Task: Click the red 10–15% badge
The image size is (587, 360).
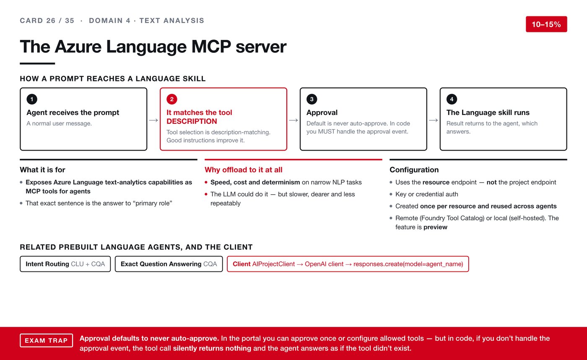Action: click(546, 24)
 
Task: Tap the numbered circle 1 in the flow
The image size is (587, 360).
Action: click(32, 99)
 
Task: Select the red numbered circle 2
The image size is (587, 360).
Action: click(171, 99)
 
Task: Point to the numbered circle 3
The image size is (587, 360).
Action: click(312, 99)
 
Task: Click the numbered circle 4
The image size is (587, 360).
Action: click(452, 99)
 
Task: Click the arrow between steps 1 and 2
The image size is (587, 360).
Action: click(153, 120)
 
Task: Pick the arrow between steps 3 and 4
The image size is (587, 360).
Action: click(434, 120)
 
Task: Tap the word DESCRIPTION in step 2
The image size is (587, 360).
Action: click(192, 121)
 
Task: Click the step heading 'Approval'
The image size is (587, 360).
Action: click(322, 112)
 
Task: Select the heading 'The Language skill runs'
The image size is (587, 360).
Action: click(488, 112)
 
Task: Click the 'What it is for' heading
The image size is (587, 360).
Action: click(42, 170)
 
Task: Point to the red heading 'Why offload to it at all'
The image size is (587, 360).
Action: click(244, 170)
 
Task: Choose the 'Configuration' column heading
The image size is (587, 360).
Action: click(414, 170)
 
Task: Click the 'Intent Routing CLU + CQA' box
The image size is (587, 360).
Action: click(65, 264)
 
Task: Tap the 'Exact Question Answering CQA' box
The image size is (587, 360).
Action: click(169, 264)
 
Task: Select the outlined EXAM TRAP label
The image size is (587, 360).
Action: click(47, 340)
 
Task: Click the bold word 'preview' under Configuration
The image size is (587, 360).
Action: click(435, 227)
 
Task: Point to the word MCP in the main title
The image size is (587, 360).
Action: click(211, 47)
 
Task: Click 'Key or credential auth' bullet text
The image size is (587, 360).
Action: click(427, 194)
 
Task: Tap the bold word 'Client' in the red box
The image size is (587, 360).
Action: click(242, 264)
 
